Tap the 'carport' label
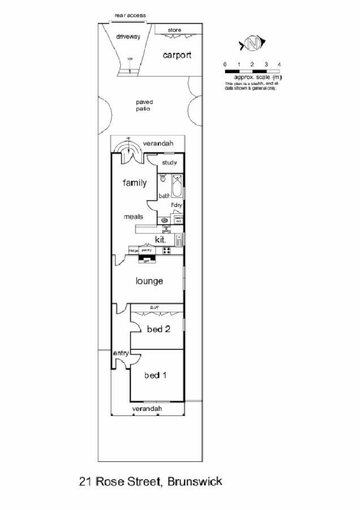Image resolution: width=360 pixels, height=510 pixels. [177, 55]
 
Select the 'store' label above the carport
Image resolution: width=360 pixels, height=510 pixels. [174, 30]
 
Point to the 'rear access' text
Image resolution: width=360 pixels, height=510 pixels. [130, 16]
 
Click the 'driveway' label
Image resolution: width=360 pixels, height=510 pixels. [128, 36]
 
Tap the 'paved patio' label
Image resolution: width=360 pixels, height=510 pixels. [144, 105]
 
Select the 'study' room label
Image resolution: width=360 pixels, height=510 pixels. [169, 163]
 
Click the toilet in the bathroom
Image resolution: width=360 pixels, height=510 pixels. [163, 178]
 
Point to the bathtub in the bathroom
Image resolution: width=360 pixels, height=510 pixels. [177, 185]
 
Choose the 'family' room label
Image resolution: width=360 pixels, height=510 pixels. [134, 183]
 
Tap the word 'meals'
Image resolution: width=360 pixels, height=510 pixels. [134, 217]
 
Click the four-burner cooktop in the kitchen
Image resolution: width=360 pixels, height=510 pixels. [167, 250]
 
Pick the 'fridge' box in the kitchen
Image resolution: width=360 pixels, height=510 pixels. [134, 250]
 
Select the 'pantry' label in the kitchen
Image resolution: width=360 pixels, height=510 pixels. [147, 250]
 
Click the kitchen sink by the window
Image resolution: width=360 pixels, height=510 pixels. [179, 240]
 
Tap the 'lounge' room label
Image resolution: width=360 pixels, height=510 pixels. [149, 281]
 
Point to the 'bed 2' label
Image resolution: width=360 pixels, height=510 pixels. [158, 329]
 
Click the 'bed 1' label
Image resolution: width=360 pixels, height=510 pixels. [155, 375]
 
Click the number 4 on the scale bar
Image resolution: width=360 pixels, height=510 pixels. [280, 64]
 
